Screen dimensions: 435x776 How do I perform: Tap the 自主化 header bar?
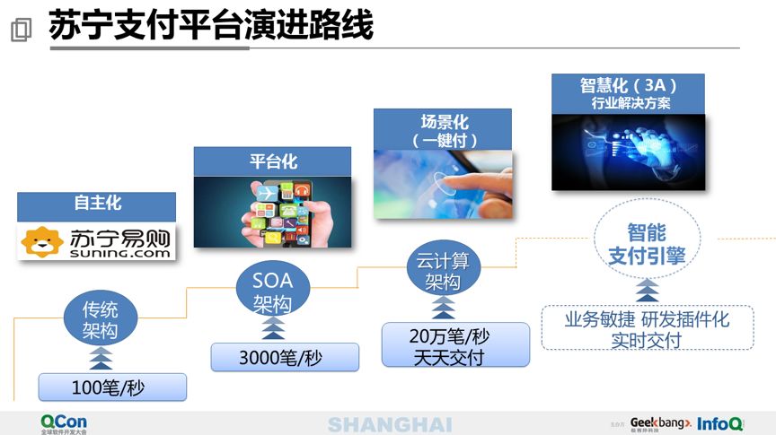pos(97,204)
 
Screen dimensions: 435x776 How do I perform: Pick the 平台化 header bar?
pos(272,161)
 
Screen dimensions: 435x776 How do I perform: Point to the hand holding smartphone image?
pos(272,212)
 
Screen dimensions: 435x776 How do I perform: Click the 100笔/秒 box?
pos(112,387)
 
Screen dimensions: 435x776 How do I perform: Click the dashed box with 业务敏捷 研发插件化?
pos(647,328)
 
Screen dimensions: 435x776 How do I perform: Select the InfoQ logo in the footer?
pos(719,422)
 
